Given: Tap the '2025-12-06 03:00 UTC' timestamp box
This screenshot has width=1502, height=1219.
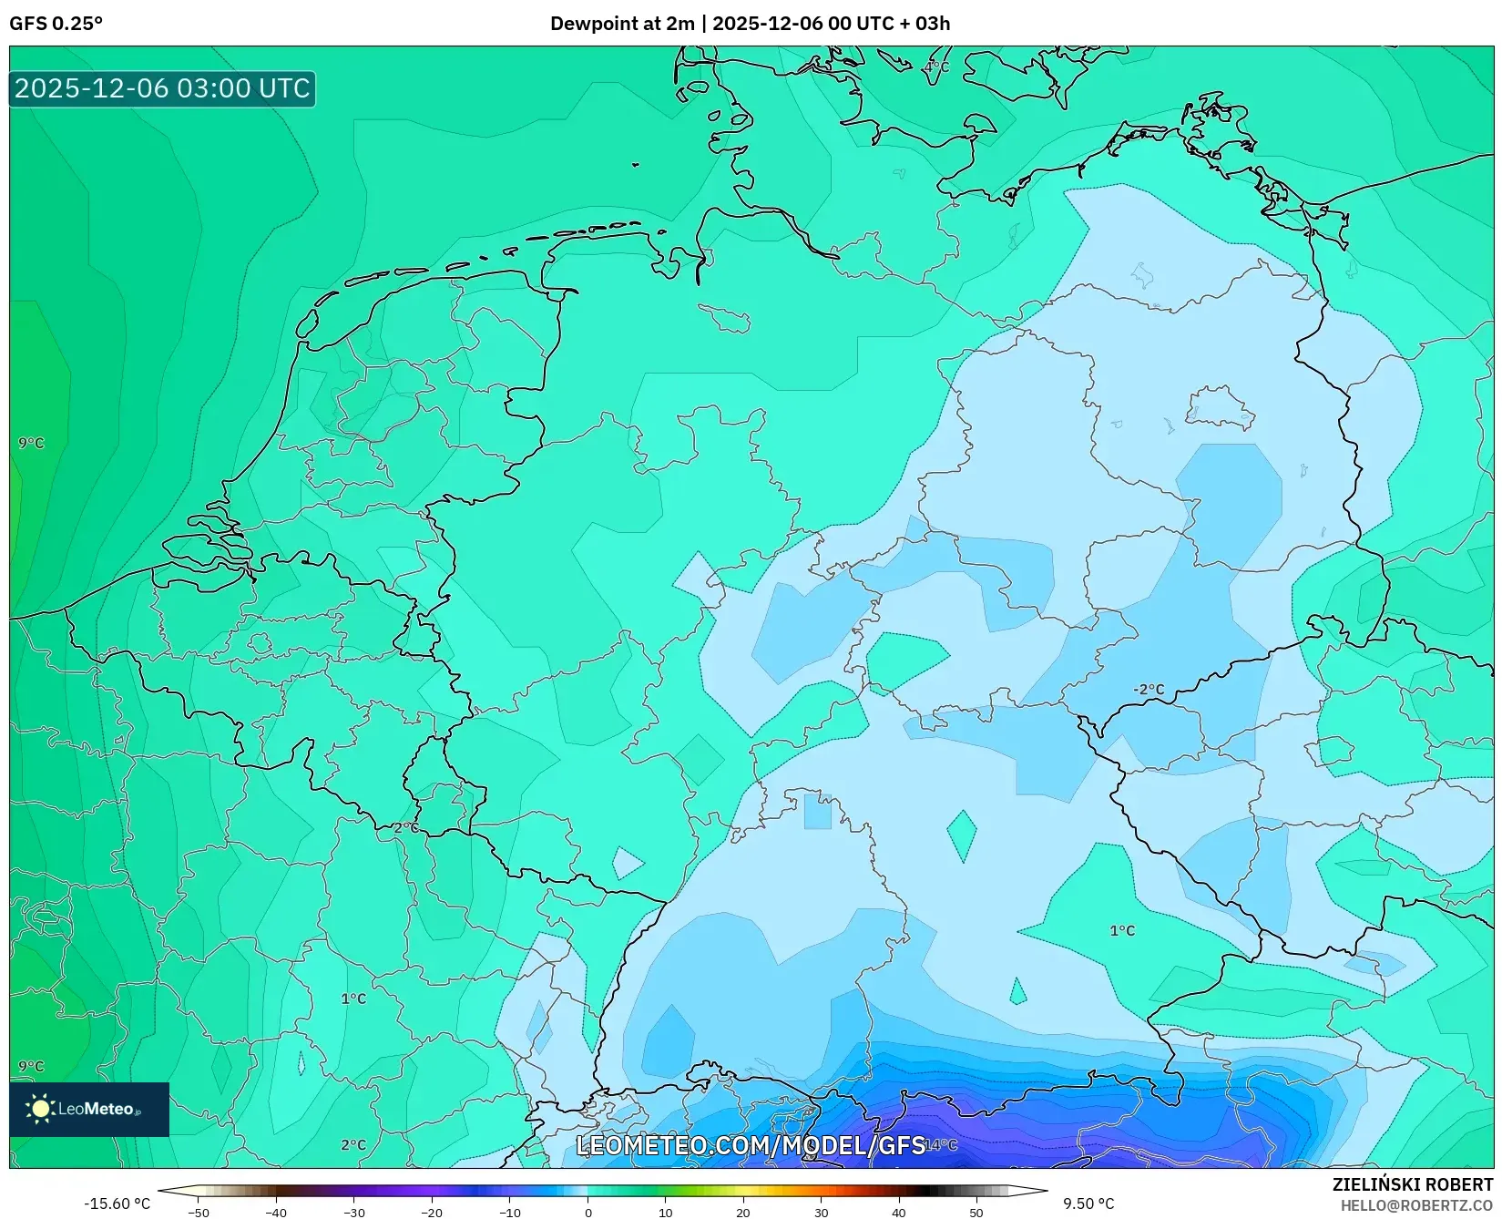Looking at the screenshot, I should click(162, 88).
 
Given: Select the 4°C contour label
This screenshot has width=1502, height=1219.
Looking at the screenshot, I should click(935, 67).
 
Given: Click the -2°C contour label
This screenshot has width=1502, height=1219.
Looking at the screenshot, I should click(1148, 690).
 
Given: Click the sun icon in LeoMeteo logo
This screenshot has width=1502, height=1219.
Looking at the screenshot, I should click(40, 1109).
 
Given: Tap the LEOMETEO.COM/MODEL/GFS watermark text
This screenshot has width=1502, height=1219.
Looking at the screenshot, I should click(751, 1145).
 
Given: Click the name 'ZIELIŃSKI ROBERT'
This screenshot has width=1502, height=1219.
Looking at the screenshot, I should click(1412, 1184).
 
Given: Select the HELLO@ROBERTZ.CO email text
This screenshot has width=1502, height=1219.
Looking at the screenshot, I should click(1416, 1204).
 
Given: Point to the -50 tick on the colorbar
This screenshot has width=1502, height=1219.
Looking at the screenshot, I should click(198, 1212).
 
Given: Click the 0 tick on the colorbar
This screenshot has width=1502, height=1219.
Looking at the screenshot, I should click(588, 1212).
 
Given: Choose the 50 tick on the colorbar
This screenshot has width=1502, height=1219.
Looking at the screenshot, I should click(976, 1212).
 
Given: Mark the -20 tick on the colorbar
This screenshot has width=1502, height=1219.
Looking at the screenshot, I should click(432, 1212).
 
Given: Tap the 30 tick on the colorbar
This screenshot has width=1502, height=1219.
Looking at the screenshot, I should click(821, 1212).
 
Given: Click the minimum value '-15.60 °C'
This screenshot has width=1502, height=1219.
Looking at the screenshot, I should click(117, 1204).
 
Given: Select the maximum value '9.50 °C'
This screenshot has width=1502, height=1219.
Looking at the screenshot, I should click(1088, 1204).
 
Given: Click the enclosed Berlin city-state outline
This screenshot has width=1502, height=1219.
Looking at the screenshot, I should click(1221, 409).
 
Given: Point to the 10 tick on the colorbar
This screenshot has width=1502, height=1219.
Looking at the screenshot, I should click(665, 1212).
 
